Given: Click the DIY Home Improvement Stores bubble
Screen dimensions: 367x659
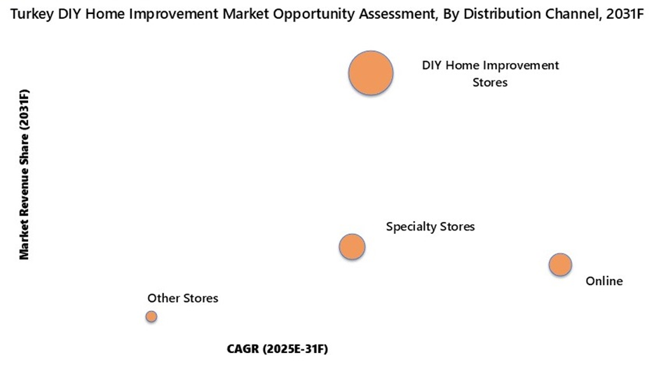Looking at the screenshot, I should coord(371,73).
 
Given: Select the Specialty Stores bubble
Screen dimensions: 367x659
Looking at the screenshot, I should coord(352,247).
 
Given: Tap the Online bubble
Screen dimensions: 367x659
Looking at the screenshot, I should coord(559,265).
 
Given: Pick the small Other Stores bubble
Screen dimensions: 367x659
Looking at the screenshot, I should coord(151,317).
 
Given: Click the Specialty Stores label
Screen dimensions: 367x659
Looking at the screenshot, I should coord(430,227).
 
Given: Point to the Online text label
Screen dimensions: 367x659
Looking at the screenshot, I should coord(604,282).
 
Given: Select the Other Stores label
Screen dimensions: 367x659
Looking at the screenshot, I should coord(182,298).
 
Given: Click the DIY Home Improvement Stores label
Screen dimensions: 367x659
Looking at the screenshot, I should coord(490,74).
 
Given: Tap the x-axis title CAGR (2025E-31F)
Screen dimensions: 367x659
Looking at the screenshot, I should coord(278,348).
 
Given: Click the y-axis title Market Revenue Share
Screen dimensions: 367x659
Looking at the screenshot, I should coord(25,174).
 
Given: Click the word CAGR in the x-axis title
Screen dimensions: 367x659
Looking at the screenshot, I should coord(243,348).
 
